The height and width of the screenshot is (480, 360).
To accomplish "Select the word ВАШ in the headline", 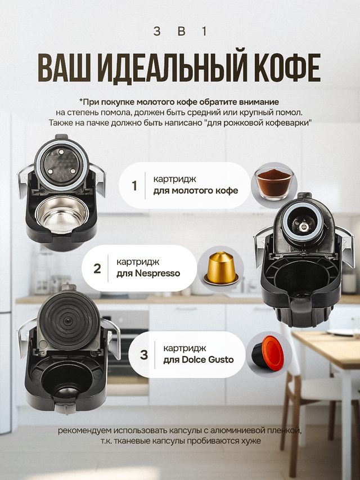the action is [x=64, y=68].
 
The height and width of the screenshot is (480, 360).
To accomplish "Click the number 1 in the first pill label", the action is [x=134, y=186].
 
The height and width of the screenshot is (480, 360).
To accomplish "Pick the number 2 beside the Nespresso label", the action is [x=97, y=269].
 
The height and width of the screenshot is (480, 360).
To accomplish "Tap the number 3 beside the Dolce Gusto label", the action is [x=144, y=355].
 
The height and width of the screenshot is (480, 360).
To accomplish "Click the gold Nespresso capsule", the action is [x=221, y=268].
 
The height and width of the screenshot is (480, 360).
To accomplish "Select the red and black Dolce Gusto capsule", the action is [x=267, y=353].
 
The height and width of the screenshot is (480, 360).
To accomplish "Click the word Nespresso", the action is [x=157, y=273].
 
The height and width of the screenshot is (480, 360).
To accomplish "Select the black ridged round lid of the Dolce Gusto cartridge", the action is [x=68, y=320].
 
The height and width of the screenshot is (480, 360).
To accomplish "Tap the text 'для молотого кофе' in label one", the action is [x=196, y=191].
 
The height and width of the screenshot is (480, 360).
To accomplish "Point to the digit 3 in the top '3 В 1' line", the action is [x=157, y=32].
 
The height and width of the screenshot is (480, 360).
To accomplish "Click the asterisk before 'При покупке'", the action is [x=81, y=101].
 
